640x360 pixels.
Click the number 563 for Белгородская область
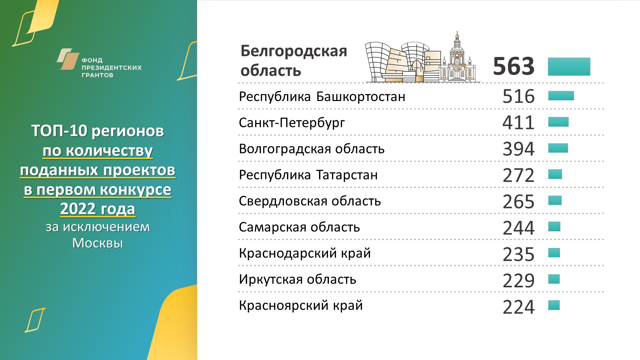click(x=514, y=66)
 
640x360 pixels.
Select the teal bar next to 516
click(x=561, y=96)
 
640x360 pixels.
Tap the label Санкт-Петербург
click(x=292, y=123)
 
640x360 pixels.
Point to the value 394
click(x=518, y=149)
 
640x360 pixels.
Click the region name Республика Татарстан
click(x=308, y=175)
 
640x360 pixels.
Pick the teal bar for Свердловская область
click(x=555, y=200)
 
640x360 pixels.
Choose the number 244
click(x=518, y=228)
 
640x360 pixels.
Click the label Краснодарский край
click(x=305, y=253)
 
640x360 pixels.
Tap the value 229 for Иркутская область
click(x=518, y=280)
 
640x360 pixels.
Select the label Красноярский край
click(x=301, y=306)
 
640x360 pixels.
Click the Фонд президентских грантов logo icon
click(x=68, y=59)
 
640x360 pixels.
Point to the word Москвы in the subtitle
click(x=98, y=243)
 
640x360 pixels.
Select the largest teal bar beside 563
click(x=569, y=67)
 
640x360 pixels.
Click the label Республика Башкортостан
click(x=322, y=97)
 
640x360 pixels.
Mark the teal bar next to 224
click(x=554, y=305)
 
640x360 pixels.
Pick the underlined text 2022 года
click(x=98, y=209)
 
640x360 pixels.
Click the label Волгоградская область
click(x=312, y=149)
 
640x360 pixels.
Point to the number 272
click(x=518, y=175)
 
